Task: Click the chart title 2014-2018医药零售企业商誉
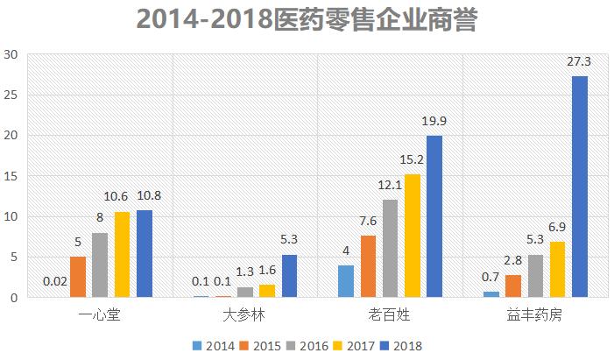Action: point(307,19)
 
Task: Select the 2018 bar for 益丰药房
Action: point(580,187)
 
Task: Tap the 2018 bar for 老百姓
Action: point(434,216)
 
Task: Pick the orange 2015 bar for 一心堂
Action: point(78,277)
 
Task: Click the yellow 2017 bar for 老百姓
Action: point(412,236)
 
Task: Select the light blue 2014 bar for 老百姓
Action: point(346,281)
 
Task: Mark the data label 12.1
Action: point(390,187)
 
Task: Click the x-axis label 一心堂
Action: point(99,314)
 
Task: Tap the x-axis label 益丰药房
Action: point(536,314)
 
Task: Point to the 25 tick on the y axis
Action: point(11,95)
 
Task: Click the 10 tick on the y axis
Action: point(11,216)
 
